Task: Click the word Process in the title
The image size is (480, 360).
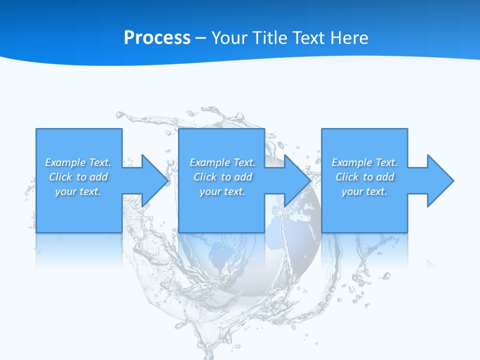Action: click(x=157, y=38)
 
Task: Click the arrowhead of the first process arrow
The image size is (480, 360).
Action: click(x=155, y=180)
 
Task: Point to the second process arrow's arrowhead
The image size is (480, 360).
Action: click(x=297, y=180)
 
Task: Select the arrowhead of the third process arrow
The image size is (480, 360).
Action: click(x=440, y=180)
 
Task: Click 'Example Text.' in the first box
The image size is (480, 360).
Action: click(x=78, y=162)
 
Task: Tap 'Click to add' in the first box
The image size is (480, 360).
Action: click(x=78, y=177)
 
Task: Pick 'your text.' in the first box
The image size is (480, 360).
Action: click(x=78, y=191)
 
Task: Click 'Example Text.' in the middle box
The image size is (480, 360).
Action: click(x=222, y=162)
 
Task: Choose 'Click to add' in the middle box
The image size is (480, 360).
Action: click(x=222, y=177)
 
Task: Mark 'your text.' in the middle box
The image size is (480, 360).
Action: click(x=222, y=191)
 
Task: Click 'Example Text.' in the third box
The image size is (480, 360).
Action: click(x=364, y=162)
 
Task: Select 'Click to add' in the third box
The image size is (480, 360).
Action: click(x=364, y=177)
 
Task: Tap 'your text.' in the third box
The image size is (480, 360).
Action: click(x=364, y=191)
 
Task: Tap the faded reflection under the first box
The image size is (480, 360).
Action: click(x=78, y=247)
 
